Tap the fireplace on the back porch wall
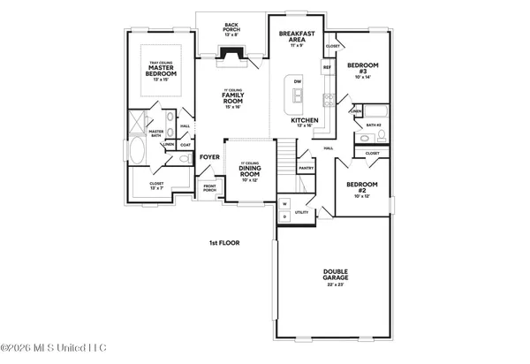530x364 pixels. pyautogui.click(x=231, y=59)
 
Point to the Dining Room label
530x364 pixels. pyautogui.click(x=249, y=171)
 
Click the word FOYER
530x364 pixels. pyautogui.click(x=209, y=157)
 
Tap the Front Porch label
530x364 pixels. pyautogui.click(x=209, y=187)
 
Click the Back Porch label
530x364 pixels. pyautogui.click(x=231, y=27)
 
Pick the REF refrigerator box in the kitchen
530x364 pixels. pyautogui.click(x=327, y=67)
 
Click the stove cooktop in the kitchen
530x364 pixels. pyautogui.click(x=328, y=98)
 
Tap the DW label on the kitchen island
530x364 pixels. pyautogui.click(x=298, y=82)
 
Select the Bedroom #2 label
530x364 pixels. pyautogui.click(x=362, y=188)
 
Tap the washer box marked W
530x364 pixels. pyautogui.click(x=285, y=204)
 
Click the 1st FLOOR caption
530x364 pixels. pyautogui.click(x=225, y=242)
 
